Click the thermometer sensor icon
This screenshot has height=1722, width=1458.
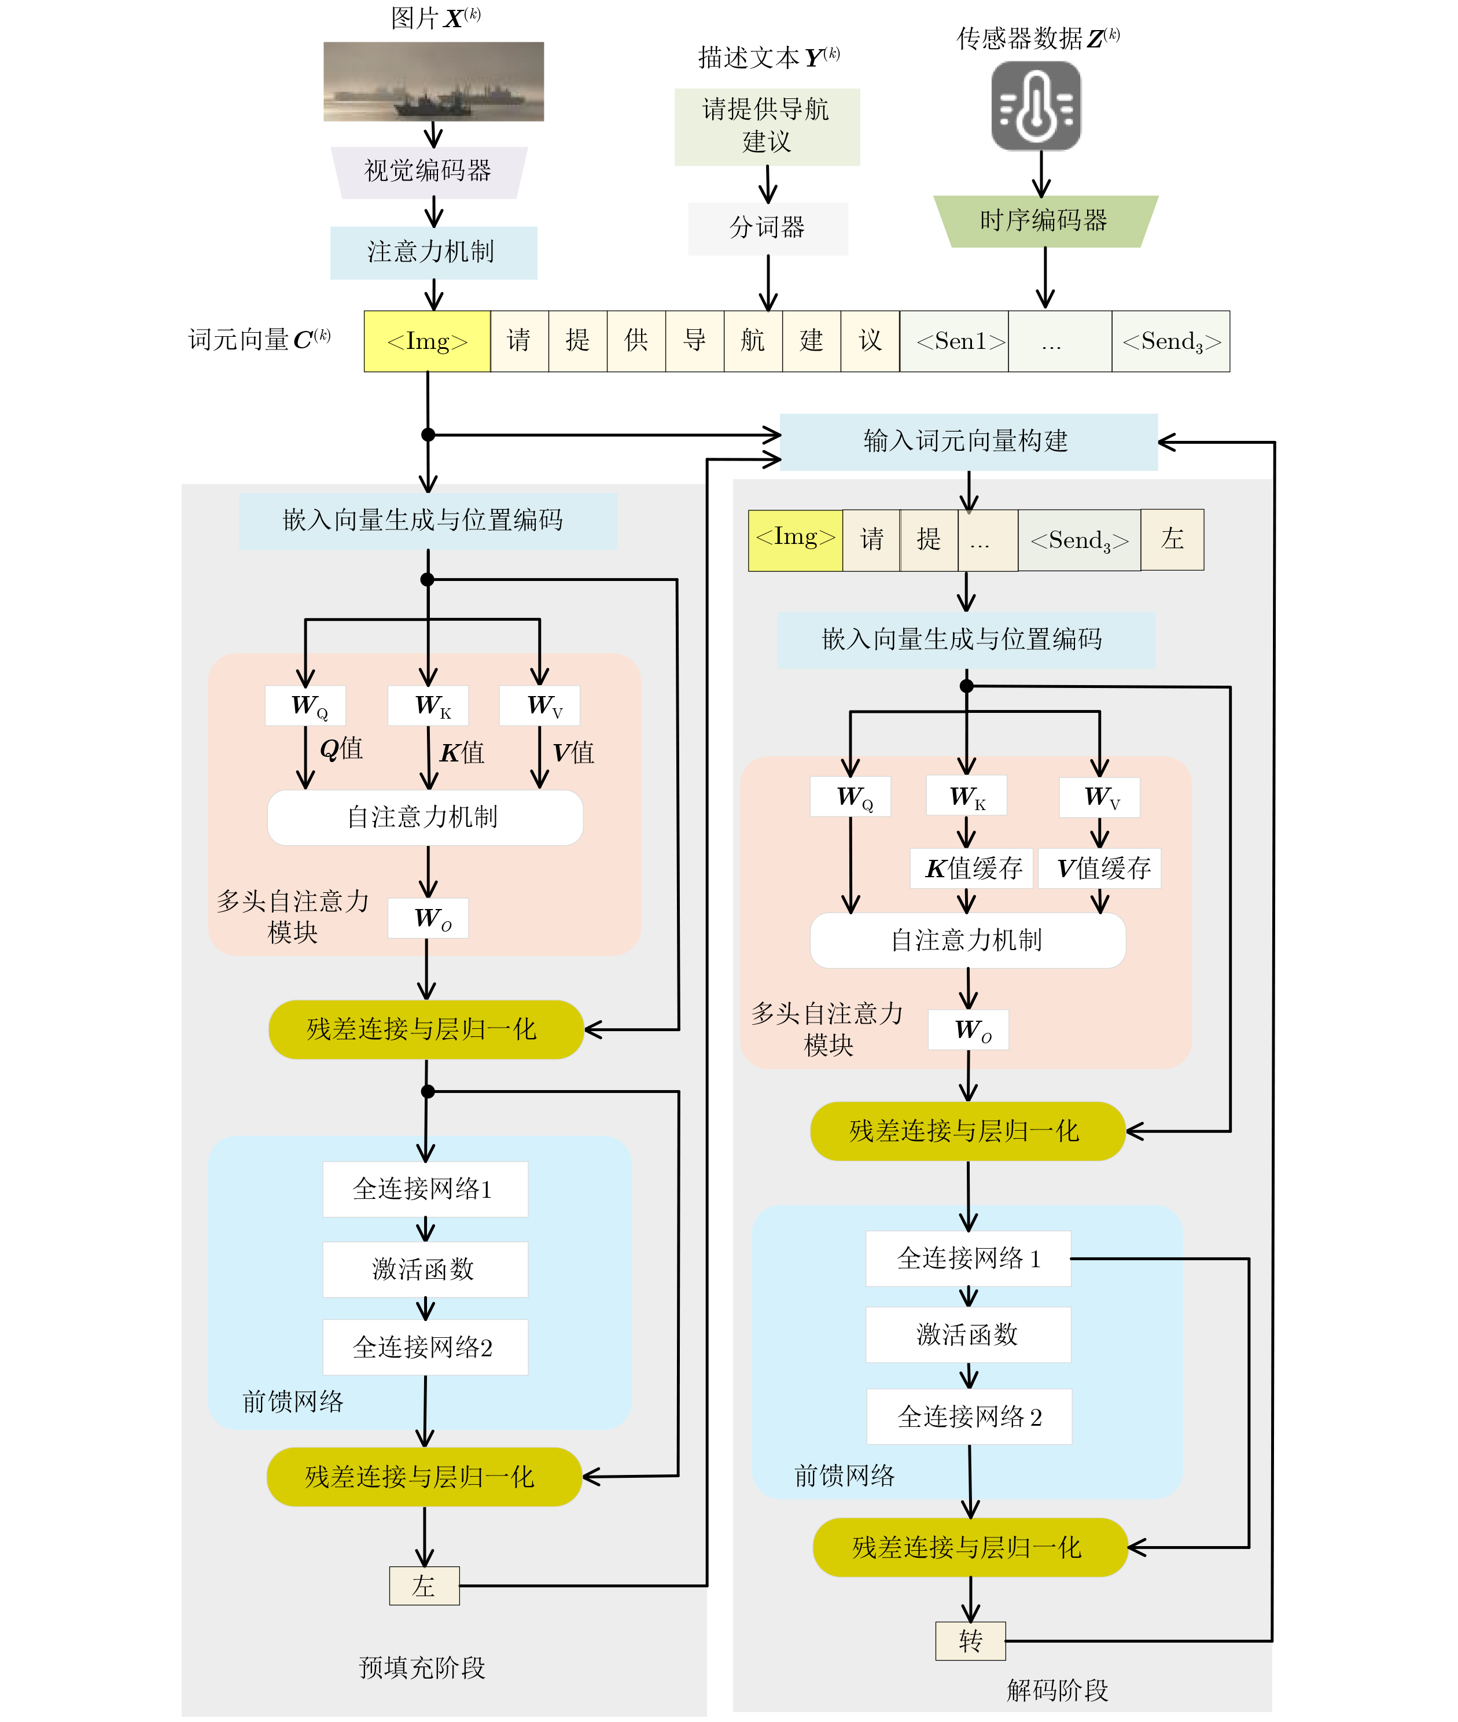pos(1036,106)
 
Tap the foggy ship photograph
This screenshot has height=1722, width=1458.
pos(433,82)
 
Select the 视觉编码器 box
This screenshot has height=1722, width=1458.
pos(429,172)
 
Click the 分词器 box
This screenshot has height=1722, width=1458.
pos(768,228)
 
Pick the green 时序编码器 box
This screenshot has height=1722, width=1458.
pos(1044,220)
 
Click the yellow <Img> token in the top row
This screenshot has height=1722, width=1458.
pos(428,341)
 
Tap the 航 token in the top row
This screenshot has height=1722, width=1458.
pos(753,341)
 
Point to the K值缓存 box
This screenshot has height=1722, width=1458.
pos(972,868)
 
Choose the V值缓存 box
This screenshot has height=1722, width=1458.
pos(1100,868)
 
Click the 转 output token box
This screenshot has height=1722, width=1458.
pos(970,1641)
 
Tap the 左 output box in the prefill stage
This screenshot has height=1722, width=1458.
pos(424,1585)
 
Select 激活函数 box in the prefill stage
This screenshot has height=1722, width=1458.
pos(425,1269)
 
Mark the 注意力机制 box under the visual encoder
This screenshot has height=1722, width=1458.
pos(433,252)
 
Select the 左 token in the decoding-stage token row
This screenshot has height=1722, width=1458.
pos(1172,540)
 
